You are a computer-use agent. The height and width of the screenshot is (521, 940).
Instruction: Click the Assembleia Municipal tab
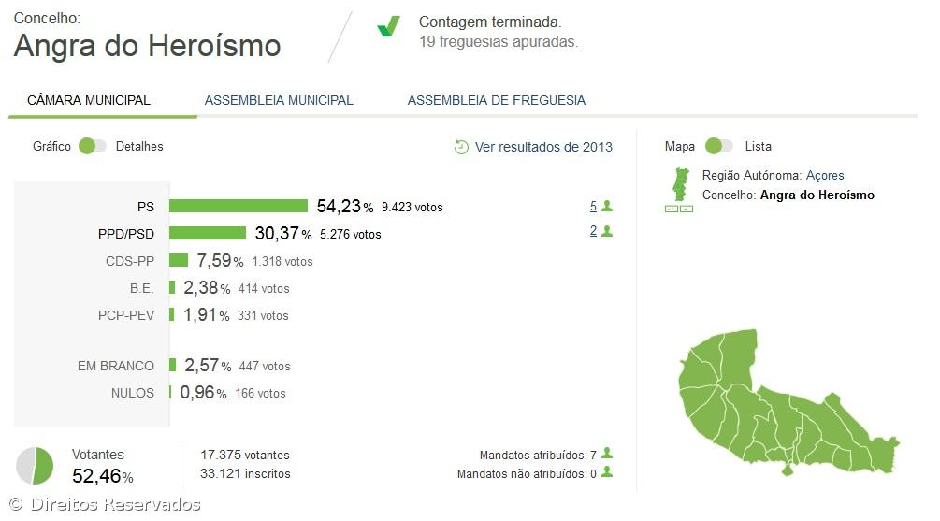pos(279,100)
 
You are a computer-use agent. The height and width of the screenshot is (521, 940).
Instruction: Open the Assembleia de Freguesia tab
pos(496,100)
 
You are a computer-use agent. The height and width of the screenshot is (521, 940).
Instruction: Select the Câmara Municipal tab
pos(89,100)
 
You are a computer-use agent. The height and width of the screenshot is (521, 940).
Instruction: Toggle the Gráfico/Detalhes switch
pos(93,146)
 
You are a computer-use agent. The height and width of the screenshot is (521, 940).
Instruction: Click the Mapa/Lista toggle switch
pos(718,146)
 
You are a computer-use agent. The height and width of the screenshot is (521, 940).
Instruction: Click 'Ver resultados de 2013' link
pos(543,147)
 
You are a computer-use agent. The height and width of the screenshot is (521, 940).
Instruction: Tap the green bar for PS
pos(239,206)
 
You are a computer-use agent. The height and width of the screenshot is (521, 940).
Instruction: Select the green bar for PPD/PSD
pos(208,233)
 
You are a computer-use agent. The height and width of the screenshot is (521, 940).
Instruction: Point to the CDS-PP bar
pos(178,260)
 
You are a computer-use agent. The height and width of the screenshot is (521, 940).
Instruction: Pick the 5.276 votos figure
pos(350,234)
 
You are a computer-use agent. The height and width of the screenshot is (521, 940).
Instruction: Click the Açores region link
pos(825,176)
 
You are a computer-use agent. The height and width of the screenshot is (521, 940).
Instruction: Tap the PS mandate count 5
pos(593,206)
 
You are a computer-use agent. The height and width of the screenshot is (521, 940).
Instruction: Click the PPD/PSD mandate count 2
pos(593,231)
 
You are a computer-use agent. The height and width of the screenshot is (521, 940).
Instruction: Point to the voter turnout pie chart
pos(35,466)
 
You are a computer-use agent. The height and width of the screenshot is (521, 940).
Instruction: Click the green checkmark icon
pos(388,27)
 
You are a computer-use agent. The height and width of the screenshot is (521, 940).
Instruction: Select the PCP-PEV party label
pos(125,315)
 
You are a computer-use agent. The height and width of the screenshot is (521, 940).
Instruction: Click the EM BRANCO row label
pos(116,366)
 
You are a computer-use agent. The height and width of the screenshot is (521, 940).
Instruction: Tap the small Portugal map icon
pos(678,184)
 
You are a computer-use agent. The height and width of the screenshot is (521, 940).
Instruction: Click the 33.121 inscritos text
pos(245,474)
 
